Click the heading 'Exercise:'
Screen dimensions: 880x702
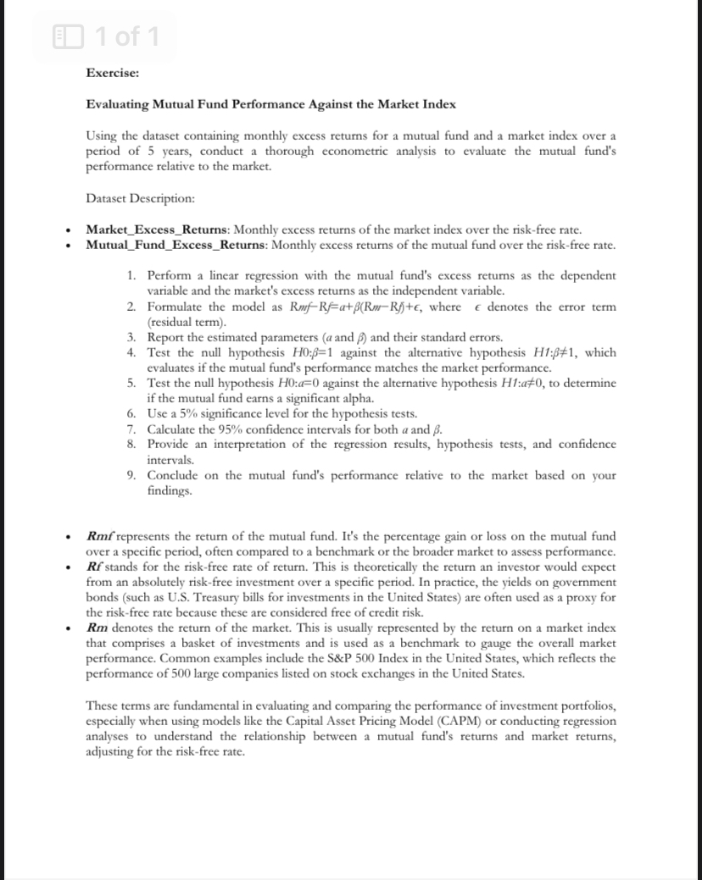coord(113,73)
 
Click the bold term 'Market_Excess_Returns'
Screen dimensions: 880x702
coord(158,230)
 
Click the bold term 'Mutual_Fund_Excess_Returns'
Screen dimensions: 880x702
coord(175,246)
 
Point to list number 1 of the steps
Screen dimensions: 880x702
coord(131,276)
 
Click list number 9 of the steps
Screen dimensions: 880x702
coord(131,475)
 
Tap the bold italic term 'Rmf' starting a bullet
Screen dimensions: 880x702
coord(99,536)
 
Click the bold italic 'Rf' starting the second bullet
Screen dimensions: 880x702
coord(94,567)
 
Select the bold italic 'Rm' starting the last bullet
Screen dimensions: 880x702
coord(97,628)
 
